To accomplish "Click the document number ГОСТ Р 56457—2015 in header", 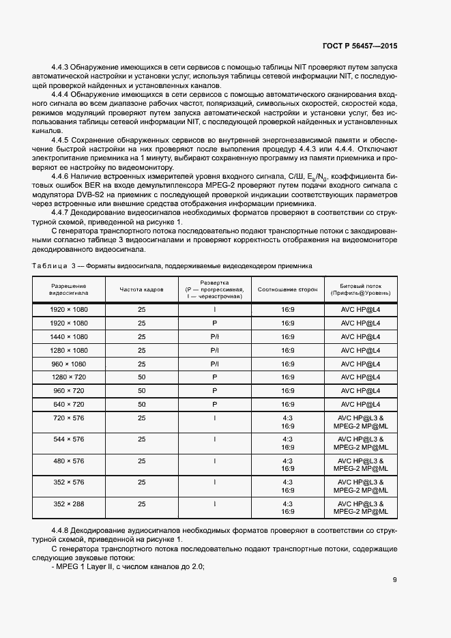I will click(359, 46).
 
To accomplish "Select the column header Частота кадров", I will click(142, 289).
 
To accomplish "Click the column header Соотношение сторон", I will click(287, 289).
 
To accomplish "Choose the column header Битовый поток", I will click(360, 289).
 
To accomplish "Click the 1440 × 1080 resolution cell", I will click(69, 336).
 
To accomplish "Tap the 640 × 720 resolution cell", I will click(69, 404).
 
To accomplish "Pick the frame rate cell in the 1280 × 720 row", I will click(142, 377).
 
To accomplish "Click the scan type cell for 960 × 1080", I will click(214, 364).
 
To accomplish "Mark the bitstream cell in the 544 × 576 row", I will click(360, 443).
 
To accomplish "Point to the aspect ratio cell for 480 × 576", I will click(287, 464).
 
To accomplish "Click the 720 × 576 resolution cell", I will click(69, 418).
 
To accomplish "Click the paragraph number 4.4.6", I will click(62, 175).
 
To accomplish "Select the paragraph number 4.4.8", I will click(62, 530).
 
